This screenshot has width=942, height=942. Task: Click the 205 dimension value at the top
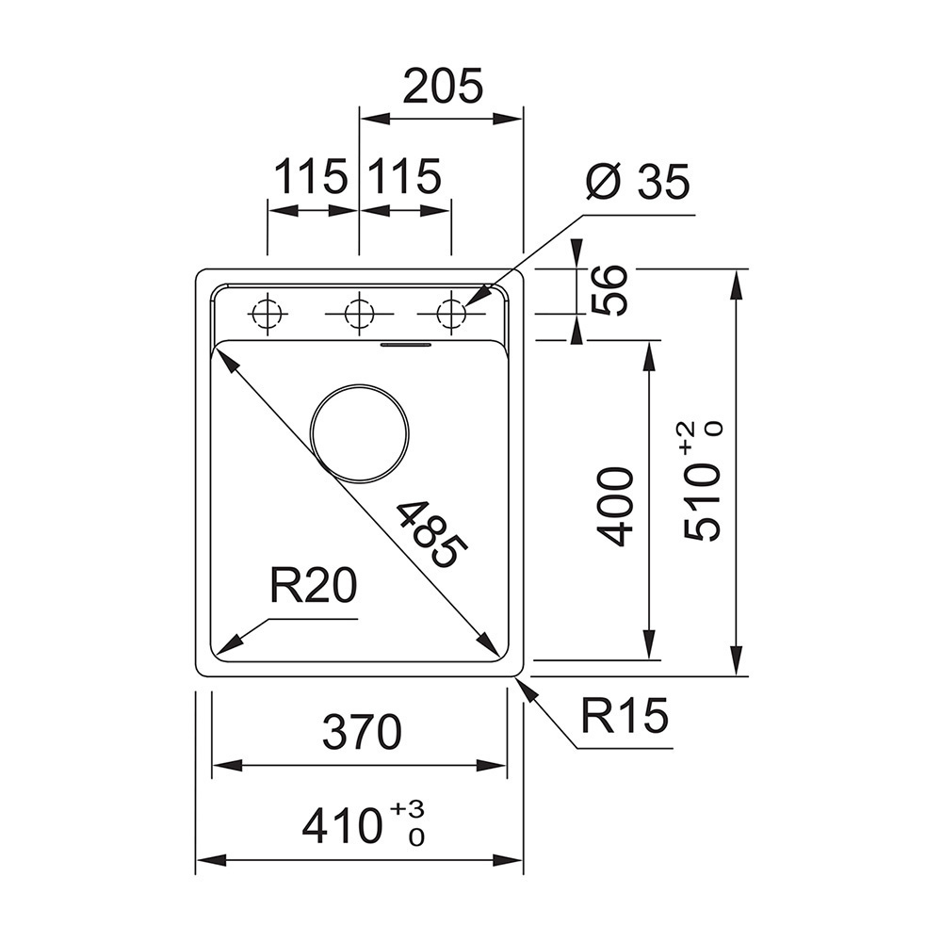[x=443, y=86]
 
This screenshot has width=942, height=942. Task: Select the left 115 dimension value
[x=311, y=177]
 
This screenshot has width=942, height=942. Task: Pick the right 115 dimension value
[x=404, y=177]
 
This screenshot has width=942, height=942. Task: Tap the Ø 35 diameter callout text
[x=638, y=181]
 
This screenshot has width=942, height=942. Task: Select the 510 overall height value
[x=702, y=503]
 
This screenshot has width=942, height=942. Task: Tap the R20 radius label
[x=313, y=585]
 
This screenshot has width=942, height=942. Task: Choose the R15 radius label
[x=625, y=715]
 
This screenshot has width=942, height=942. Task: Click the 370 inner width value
[x=362, y=732]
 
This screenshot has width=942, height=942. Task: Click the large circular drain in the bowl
[x=359, y=432]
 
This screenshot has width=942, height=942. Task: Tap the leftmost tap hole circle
[x=267, y=314]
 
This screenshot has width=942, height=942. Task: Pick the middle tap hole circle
[x=359, y=314]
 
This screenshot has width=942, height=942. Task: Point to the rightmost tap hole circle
[x=451, y=314]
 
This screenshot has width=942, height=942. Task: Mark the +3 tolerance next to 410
[x=407, y=808]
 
